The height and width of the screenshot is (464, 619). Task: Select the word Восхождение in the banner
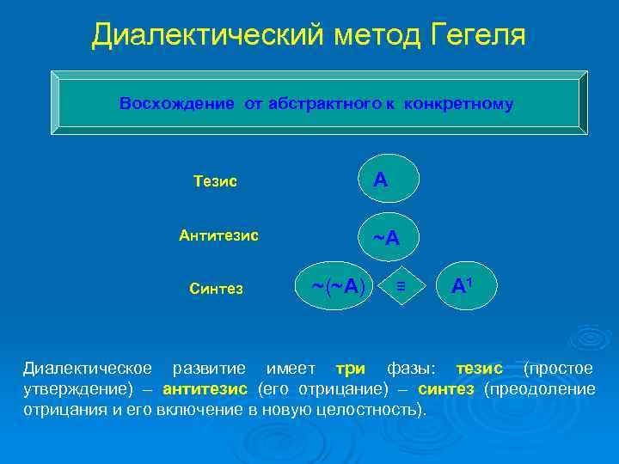(x=177, y=104)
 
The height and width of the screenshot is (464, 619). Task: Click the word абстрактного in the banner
(x=324, y=104)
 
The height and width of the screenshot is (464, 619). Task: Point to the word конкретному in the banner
(x=458, y=104)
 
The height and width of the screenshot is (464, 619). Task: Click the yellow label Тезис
(x=216, y=181)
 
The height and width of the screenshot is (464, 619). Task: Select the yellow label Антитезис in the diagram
(x=218, y=235)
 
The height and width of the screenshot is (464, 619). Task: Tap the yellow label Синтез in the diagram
(x=216, y=289)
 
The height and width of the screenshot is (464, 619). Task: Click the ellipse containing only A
(x=389, y=179)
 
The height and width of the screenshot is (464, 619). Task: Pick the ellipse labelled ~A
(x=389, y=237)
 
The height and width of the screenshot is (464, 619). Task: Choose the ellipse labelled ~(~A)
(x=334, y=285)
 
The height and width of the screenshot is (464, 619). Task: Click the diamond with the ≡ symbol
(x=401, y=285)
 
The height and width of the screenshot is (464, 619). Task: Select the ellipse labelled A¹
(x=466, y=285)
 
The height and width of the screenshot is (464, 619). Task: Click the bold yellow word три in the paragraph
(x=350, y=369)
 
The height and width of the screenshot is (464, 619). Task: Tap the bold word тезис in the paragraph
(x=479, y=369)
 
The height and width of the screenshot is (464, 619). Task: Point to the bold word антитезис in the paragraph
(x=205, y=389)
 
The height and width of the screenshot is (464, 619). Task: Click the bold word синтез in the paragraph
(x=445, y=389)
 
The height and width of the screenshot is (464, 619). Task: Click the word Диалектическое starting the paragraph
(x=87, y=369)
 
